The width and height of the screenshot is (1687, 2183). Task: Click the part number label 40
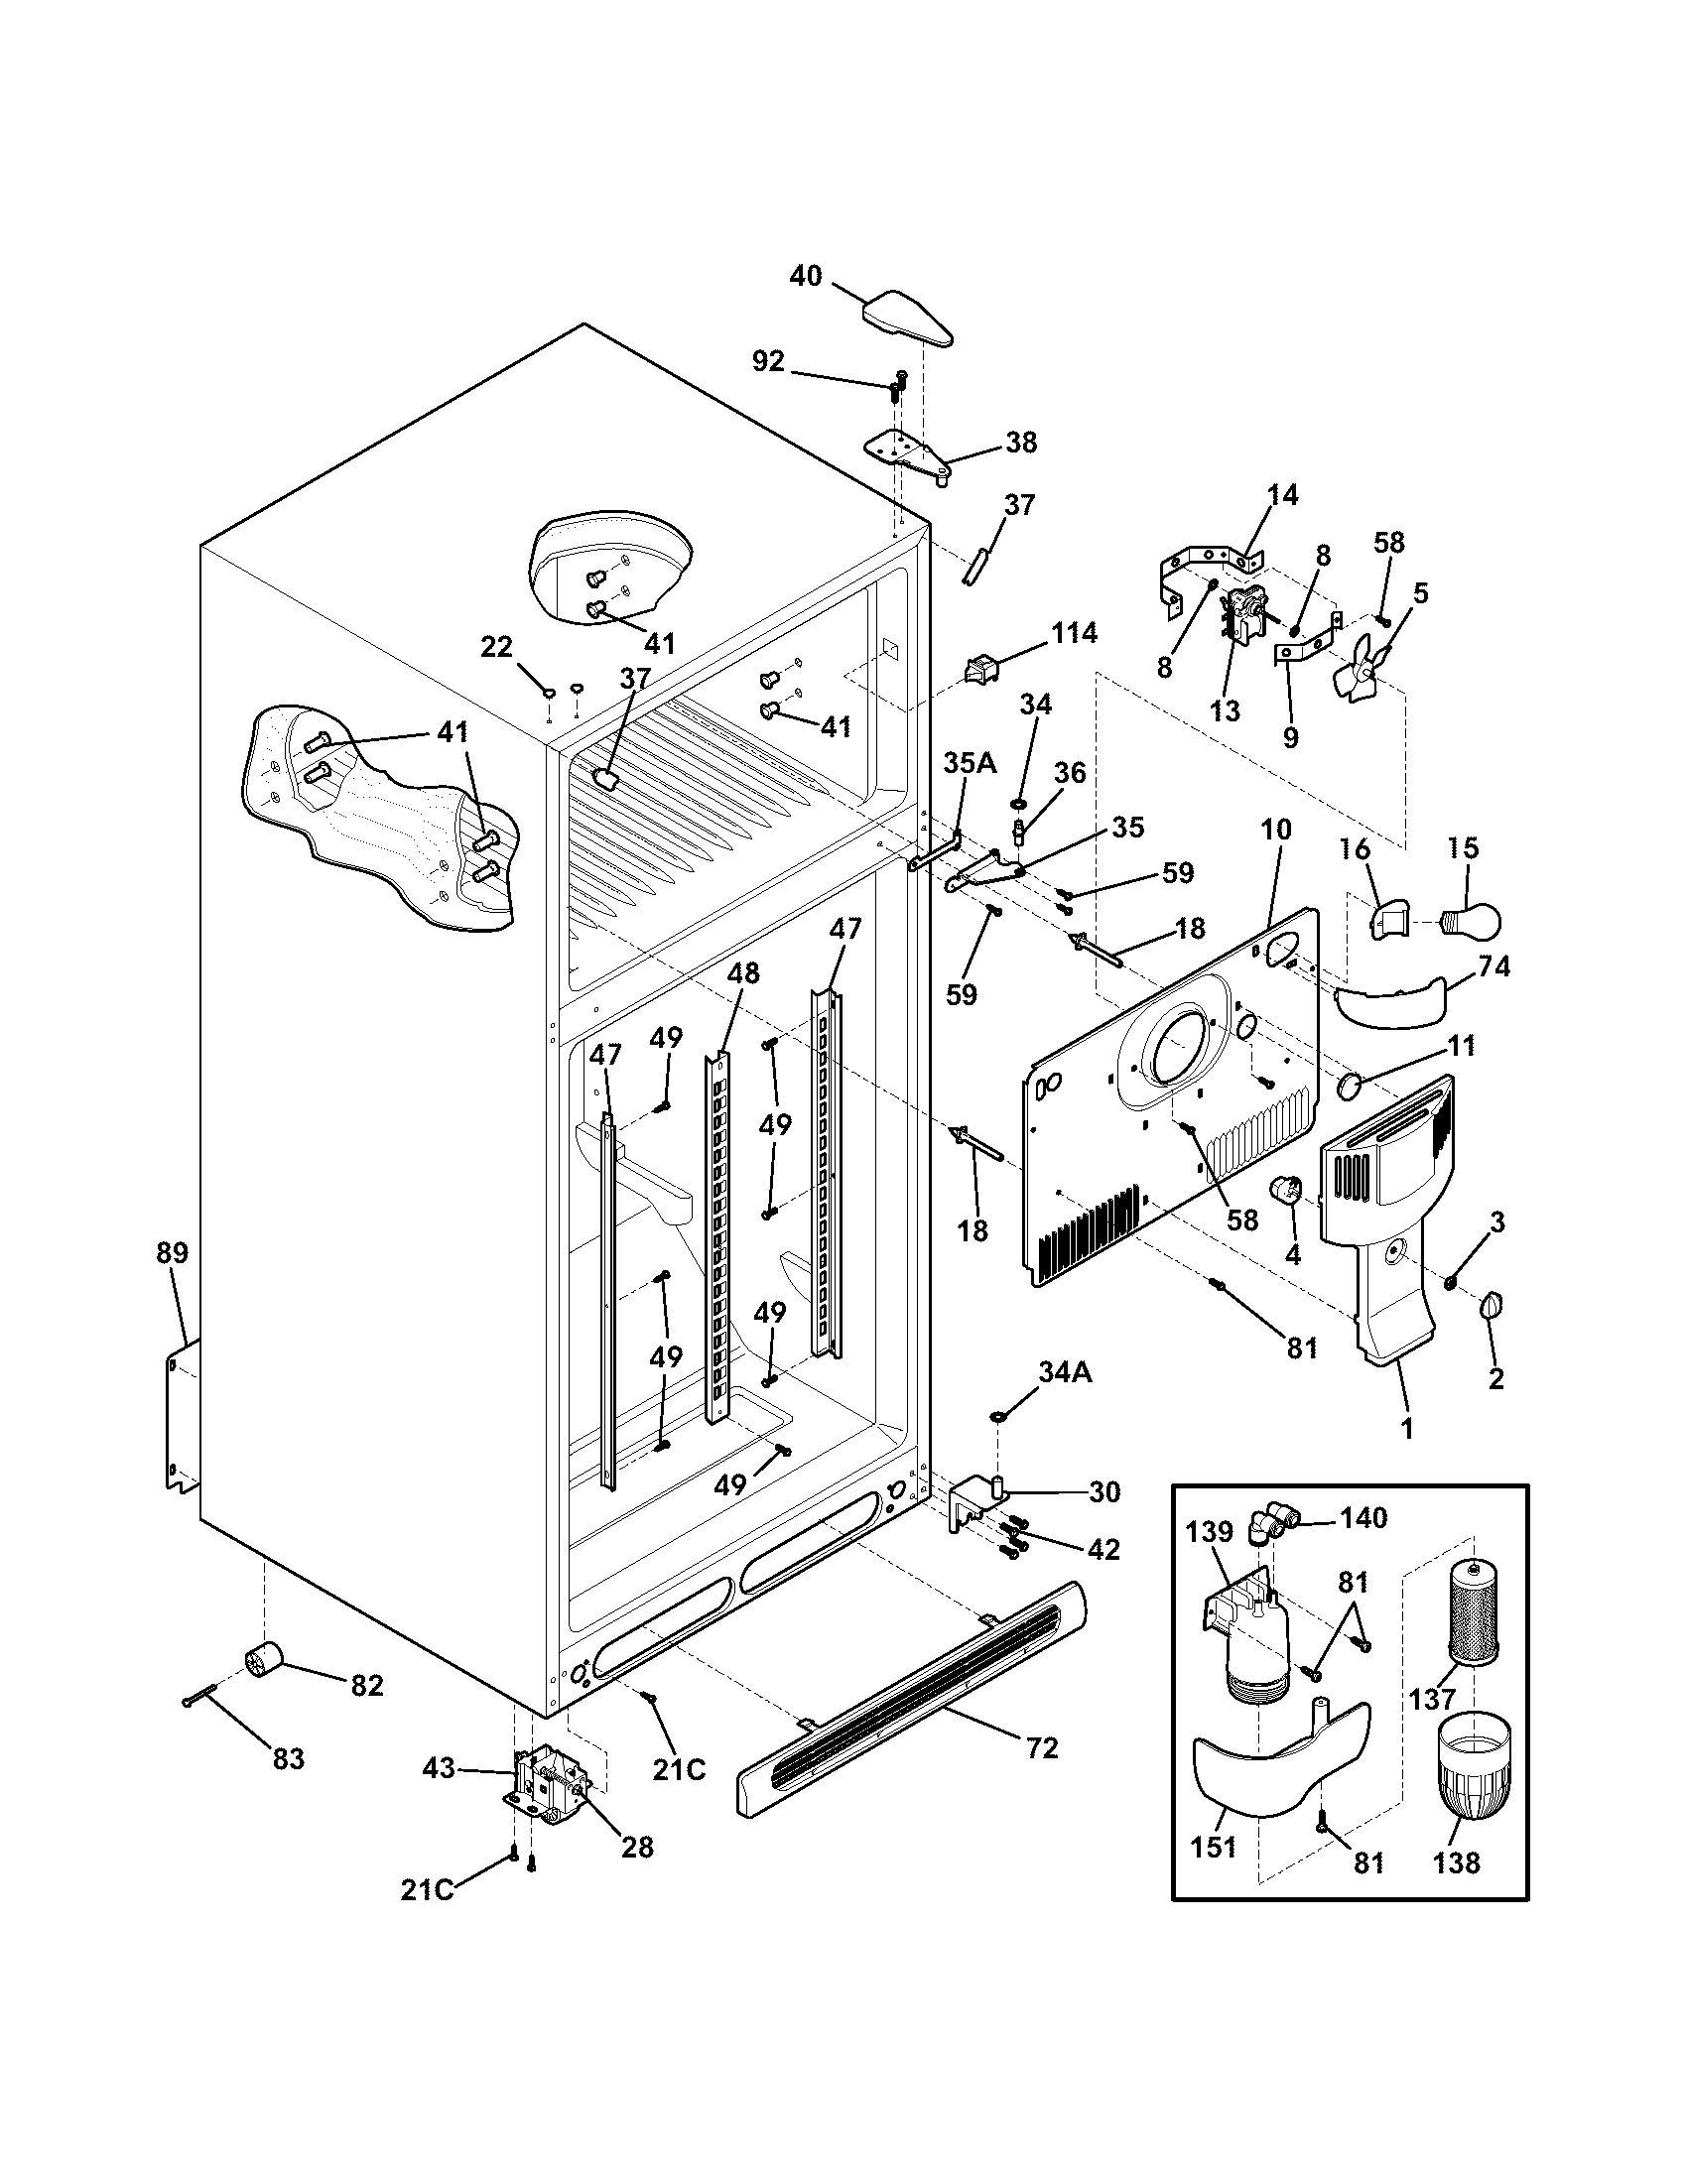click(806, 275)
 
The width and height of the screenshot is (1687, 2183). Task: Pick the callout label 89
click(172, 1252)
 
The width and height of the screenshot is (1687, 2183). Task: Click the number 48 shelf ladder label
click(743, 972)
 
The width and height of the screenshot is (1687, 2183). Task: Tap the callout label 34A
click(1065, 1372)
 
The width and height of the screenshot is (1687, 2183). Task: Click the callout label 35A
click(970, 763)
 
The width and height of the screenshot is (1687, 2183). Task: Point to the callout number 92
click(767, 362)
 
